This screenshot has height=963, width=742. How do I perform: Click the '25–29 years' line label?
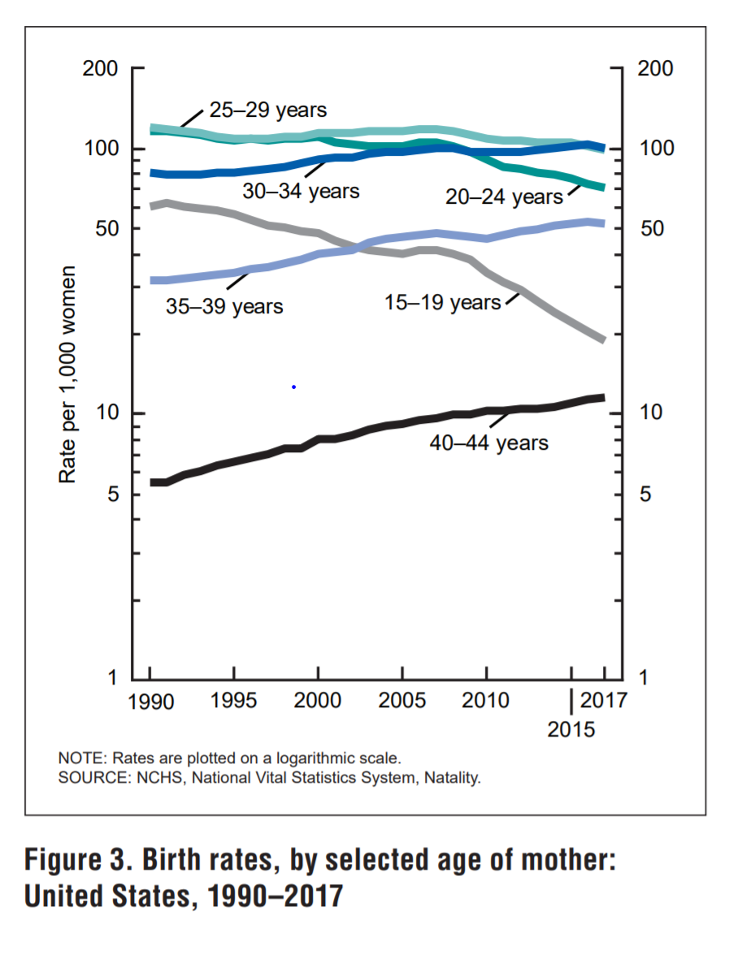tap(267, 110)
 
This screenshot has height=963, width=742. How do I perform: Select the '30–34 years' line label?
tap(301, 192)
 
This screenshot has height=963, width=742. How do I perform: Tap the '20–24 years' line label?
tap(504, 196)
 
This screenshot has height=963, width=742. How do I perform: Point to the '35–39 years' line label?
tap(225, 307)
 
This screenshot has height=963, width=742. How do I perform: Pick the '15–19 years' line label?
tap(442, 303)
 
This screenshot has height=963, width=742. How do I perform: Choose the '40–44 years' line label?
tap(489, 443)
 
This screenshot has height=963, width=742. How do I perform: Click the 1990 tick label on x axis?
tap(151, 701)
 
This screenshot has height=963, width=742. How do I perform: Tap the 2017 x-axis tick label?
tap(605, 700)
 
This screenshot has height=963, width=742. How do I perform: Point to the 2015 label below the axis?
tap(571, 728)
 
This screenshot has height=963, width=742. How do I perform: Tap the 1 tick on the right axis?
tap(642, 677)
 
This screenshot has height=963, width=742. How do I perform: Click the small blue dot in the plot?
tap(293, 387)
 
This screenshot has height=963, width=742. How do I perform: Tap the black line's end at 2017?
tap(604, 397)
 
